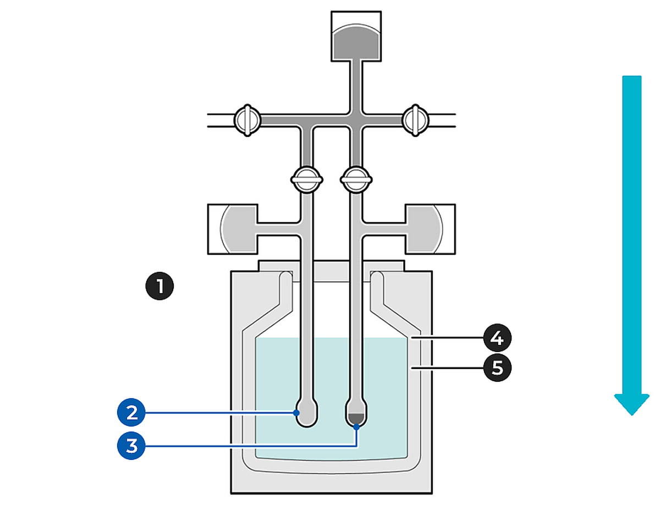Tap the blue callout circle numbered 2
tap(131, 413)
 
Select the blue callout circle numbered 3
tap(131, 446)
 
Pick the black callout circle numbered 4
tap(497, 338)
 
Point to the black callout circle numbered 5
tap(497, 367)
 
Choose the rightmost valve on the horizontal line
tap(415, 119)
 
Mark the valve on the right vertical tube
tap(356, 179)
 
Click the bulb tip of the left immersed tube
tap(306, 415)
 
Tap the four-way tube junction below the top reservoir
tap(356, 119)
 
